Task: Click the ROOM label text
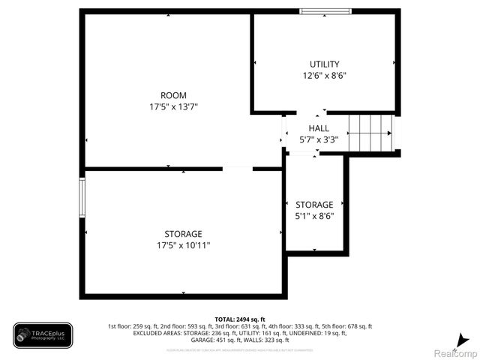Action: click(173, 95)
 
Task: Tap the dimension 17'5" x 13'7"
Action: click(173, 106)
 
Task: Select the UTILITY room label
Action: click(324, 64)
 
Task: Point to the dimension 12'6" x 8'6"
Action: click(324, 75)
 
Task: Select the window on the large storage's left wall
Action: click(82, 197)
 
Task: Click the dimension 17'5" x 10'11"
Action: click(184, 245)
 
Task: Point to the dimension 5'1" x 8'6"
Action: click(314, 216)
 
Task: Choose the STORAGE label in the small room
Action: click(314, 205)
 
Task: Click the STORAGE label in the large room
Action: click(184, 234)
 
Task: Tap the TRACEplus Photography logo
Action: click(43, 335)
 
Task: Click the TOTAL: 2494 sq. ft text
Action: click(240, 319)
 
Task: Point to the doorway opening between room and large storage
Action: click(238, 169)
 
